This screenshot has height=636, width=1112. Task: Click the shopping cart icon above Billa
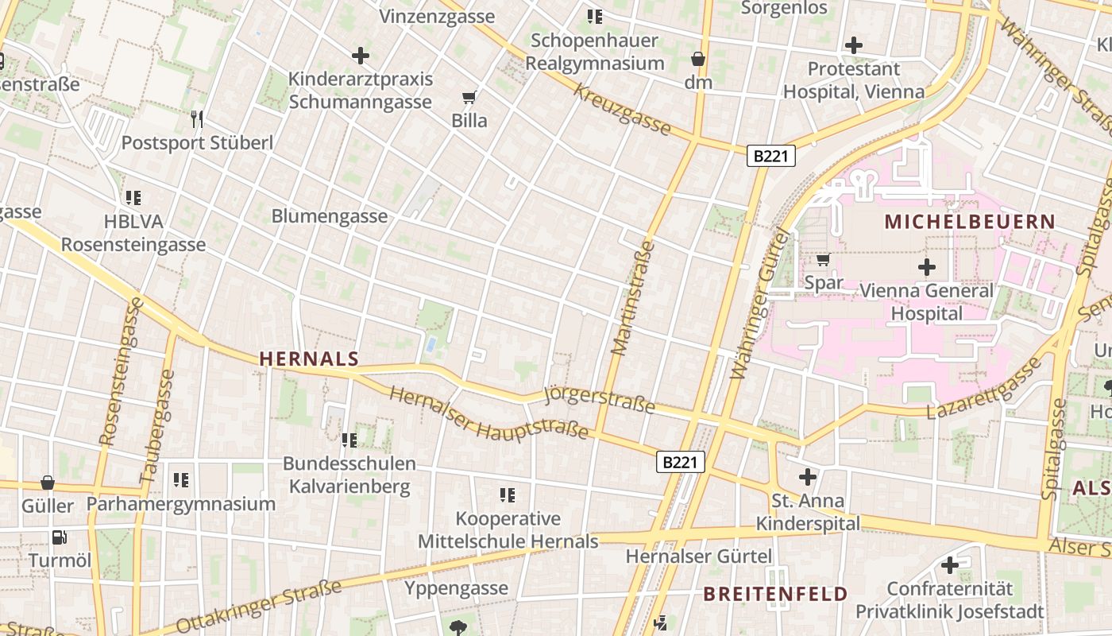(x=469, y=98)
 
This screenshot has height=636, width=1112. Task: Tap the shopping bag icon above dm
(x=697, y=59)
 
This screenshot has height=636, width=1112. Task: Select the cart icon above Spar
(x=823, y=259)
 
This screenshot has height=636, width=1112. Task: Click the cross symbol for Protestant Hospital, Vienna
(x=854, y=45)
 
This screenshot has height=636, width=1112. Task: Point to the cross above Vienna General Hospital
(x=926, y=267)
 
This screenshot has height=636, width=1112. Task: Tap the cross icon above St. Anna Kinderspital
(x=808, y=477)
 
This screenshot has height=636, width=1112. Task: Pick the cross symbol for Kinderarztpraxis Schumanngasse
(x=361, y=56)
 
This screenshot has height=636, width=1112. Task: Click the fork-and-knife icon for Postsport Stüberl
(x=197, y=119)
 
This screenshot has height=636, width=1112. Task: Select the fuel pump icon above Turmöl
(x=60, y=537)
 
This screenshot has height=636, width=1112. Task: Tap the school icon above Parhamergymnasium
(x=181, y=480)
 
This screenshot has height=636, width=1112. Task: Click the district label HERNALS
(x=309, y=359)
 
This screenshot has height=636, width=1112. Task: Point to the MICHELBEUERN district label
(x=970, y=222)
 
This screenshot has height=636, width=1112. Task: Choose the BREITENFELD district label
(x=775, y=594)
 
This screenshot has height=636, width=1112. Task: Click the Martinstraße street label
(x=633, y=298)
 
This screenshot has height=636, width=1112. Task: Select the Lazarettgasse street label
(x=984, y=388)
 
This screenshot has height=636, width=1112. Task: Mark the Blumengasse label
(x=330, y=216)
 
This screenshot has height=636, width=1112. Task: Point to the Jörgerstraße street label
(x=600, y=400)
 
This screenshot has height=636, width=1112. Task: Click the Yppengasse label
(x=456, y=588)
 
